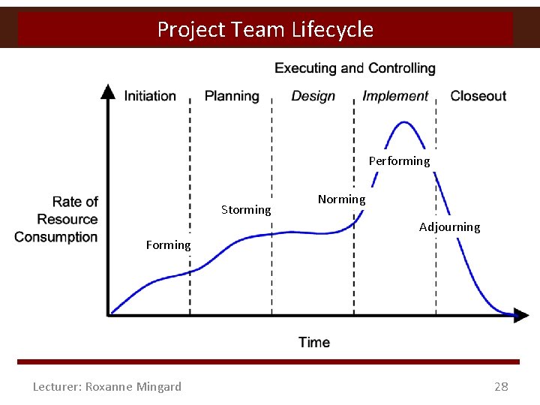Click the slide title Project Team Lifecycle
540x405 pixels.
tap(265, 29)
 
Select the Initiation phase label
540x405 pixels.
tap(150, 96)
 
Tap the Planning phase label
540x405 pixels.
tap(232, 96)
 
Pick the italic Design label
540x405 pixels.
tap(313, 96)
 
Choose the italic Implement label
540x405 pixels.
tap(395, 96)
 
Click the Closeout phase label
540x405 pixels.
tap(478, 96)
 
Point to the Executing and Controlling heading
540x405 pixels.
tap(355, 68)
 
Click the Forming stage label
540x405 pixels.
tap(168, 244)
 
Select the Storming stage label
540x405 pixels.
tap(246, 210)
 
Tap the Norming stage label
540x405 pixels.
tap(341, 199)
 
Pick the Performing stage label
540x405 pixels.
tap(399, 160)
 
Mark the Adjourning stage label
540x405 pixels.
tap(449, 226)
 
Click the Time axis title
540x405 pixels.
tap(313, 342)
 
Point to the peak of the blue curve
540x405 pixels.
tap(405, 122)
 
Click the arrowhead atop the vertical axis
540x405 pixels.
tap(109, 91)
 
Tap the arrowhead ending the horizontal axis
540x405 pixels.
tap(521, 316)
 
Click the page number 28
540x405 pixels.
tap(501, 386)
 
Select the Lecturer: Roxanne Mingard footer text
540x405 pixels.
tap(107, 386)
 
